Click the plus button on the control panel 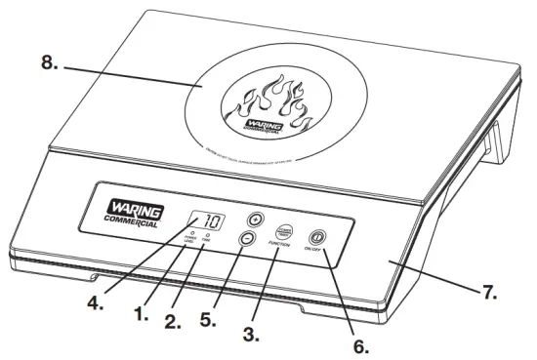256,219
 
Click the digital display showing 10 206,220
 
